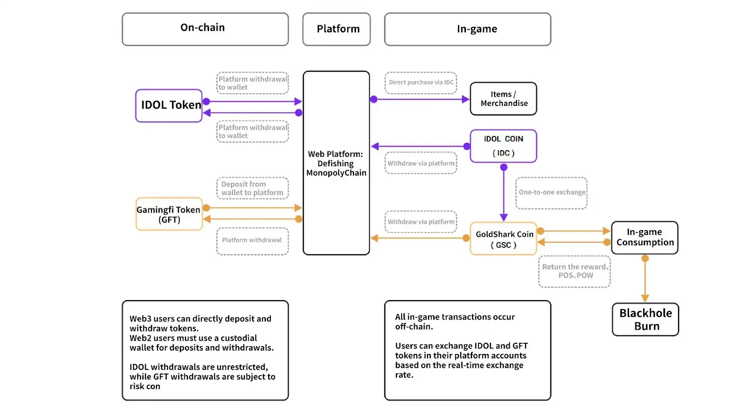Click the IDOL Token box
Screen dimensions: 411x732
coord(169,105)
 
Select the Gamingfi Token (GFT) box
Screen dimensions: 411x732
coord(169,214)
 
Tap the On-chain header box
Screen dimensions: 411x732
coord(205,29)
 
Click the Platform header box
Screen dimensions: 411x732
coord(336,29)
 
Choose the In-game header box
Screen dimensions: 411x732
coord(468,29)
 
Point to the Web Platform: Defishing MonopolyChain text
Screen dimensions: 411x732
coord(336,163)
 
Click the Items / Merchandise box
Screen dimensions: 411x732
coord(503,99)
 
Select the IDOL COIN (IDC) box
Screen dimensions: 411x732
coord(503,146)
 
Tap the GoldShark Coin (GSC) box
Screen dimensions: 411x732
coord(503,239)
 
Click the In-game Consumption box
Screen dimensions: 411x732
coord(645,237)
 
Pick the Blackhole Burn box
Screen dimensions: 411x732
coord(645,319)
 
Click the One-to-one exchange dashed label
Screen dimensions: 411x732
coord(551,193)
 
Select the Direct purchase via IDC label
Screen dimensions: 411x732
coord(421,83)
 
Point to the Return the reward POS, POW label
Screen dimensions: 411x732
coord(575,271)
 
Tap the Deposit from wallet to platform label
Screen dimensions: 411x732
coord(252,188)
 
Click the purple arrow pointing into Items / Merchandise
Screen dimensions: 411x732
coord(421,99)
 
